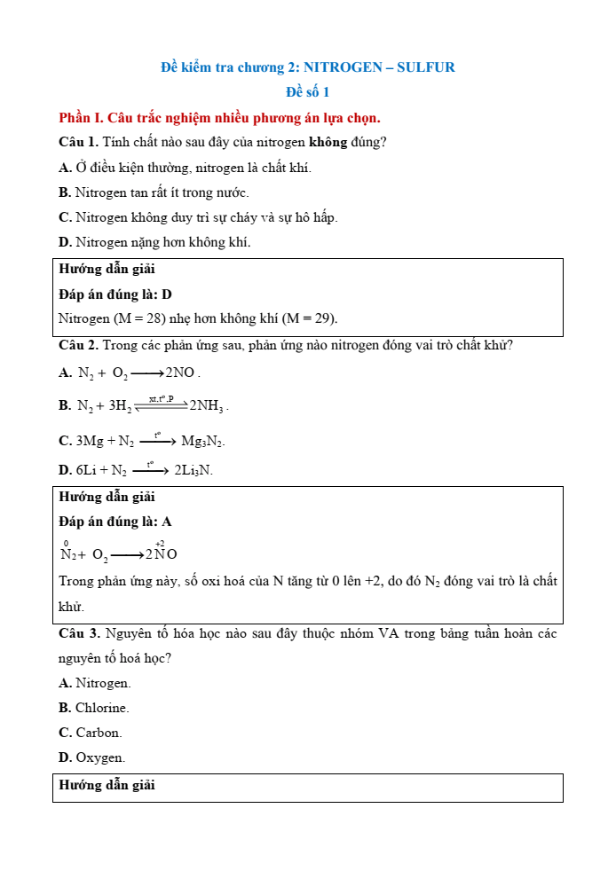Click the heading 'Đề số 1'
click(x=308, y=92)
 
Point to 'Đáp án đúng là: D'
click(x=115, y=294)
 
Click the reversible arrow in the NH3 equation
click(x=161, y=405)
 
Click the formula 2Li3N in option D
click(x=193, y=471)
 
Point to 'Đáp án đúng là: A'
click(x=115, y=522)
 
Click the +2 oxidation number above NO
click(x=160, y=543)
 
